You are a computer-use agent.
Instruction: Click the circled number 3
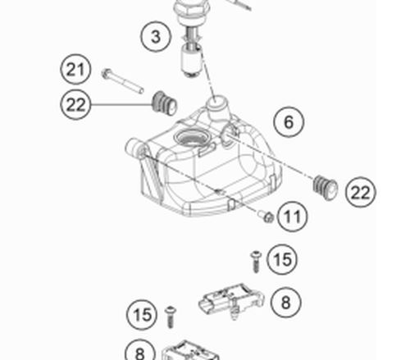pyautogui.click(x=156, y=36)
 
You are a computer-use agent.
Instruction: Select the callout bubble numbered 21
pyautogui.click(x=75, y=69)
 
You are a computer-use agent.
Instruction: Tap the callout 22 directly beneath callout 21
pyautogui.click(x=75, y=104)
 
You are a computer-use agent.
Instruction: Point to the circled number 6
pyautogui.click(x=289, y=122)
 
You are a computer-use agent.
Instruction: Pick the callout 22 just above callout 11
pyautogui.click(x=361, y=192)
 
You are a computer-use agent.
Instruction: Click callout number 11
pyautogui.click(x=292, y=216)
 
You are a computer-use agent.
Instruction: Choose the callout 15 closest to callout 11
pyautogui.click(x=282, y=259)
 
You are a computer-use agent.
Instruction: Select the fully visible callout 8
pyautogui.click(x=286, y=303)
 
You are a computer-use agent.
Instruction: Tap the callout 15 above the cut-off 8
pyautogui.click(x=142, y=315)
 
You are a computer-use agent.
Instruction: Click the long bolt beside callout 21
pyautogui.click(x=123, y=81)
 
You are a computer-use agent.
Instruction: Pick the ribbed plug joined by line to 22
pyautogui.click(x=165, y=103)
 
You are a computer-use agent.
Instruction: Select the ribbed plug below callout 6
pyautogui.click(x=326, y=187)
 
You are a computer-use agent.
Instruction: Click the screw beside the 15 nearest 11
pyautogui.click(x=256, y=262)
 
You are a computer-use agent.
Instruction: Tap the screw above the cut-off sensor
pyautogui.click(x=170, y=317)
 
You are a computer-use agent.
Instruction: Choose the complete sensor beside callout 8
pyautogui.click(x=231, y=301)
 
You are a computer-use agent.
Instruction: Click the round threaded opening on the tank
pyautogui.click(x=193, y=137)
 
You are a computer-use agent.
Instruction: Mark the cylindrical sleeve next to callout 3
pyautogui.click(x=192, y=62)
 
